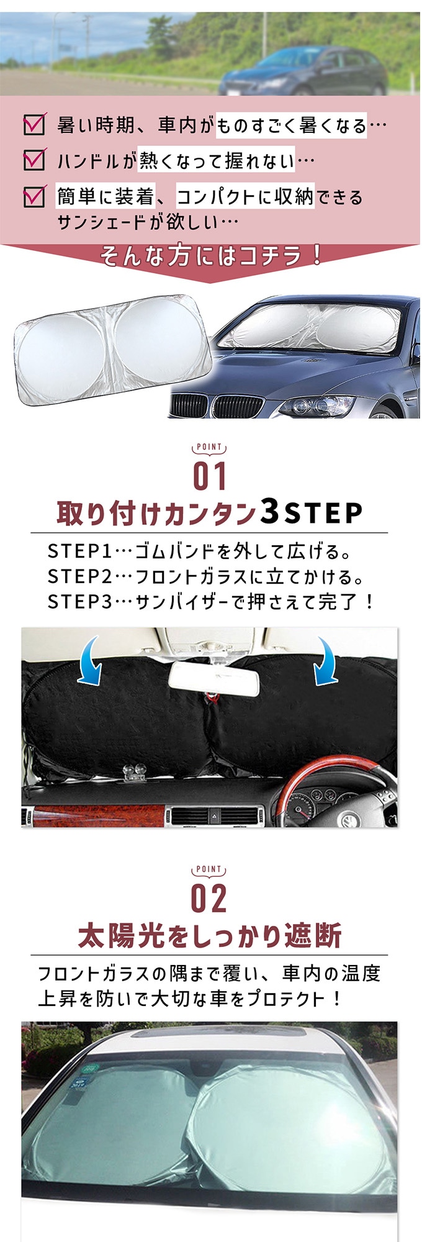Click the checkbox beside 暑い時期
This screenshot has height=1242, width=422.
coord(34,124)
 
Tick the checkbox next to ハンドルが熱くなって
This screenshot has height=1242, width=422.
coord(34,160)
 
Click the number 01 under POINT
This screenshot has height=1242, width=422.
coord(210,476)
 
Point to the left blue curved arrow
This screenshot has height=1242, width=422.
coord(92,660)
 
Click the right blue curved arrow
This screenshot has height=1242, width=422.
coord(326,660)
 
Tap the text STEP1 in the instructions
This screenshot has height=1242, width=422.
coord(79,551)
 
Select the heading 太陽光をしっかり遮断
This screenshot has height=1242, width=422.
coord(210,936)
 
